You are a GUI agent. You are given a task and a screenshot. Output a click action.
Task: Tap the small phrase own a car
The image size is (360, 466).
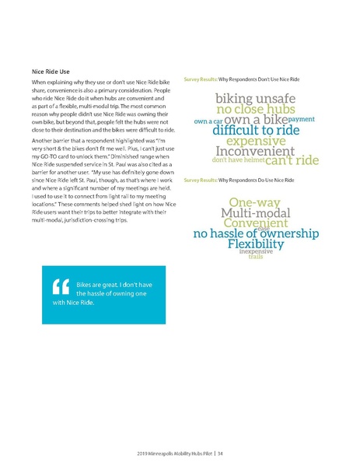[208, 122]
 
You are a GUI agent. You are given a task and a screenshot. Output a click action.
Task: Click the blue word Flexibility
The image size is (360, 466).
[255, 245]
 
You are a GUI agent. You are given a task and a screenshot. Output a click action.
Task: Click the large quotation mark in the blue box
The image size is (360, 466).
[55, 289]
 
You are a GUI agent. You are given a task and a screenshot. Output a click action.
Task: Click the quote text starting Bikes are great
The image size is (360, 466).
[105, 293]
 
